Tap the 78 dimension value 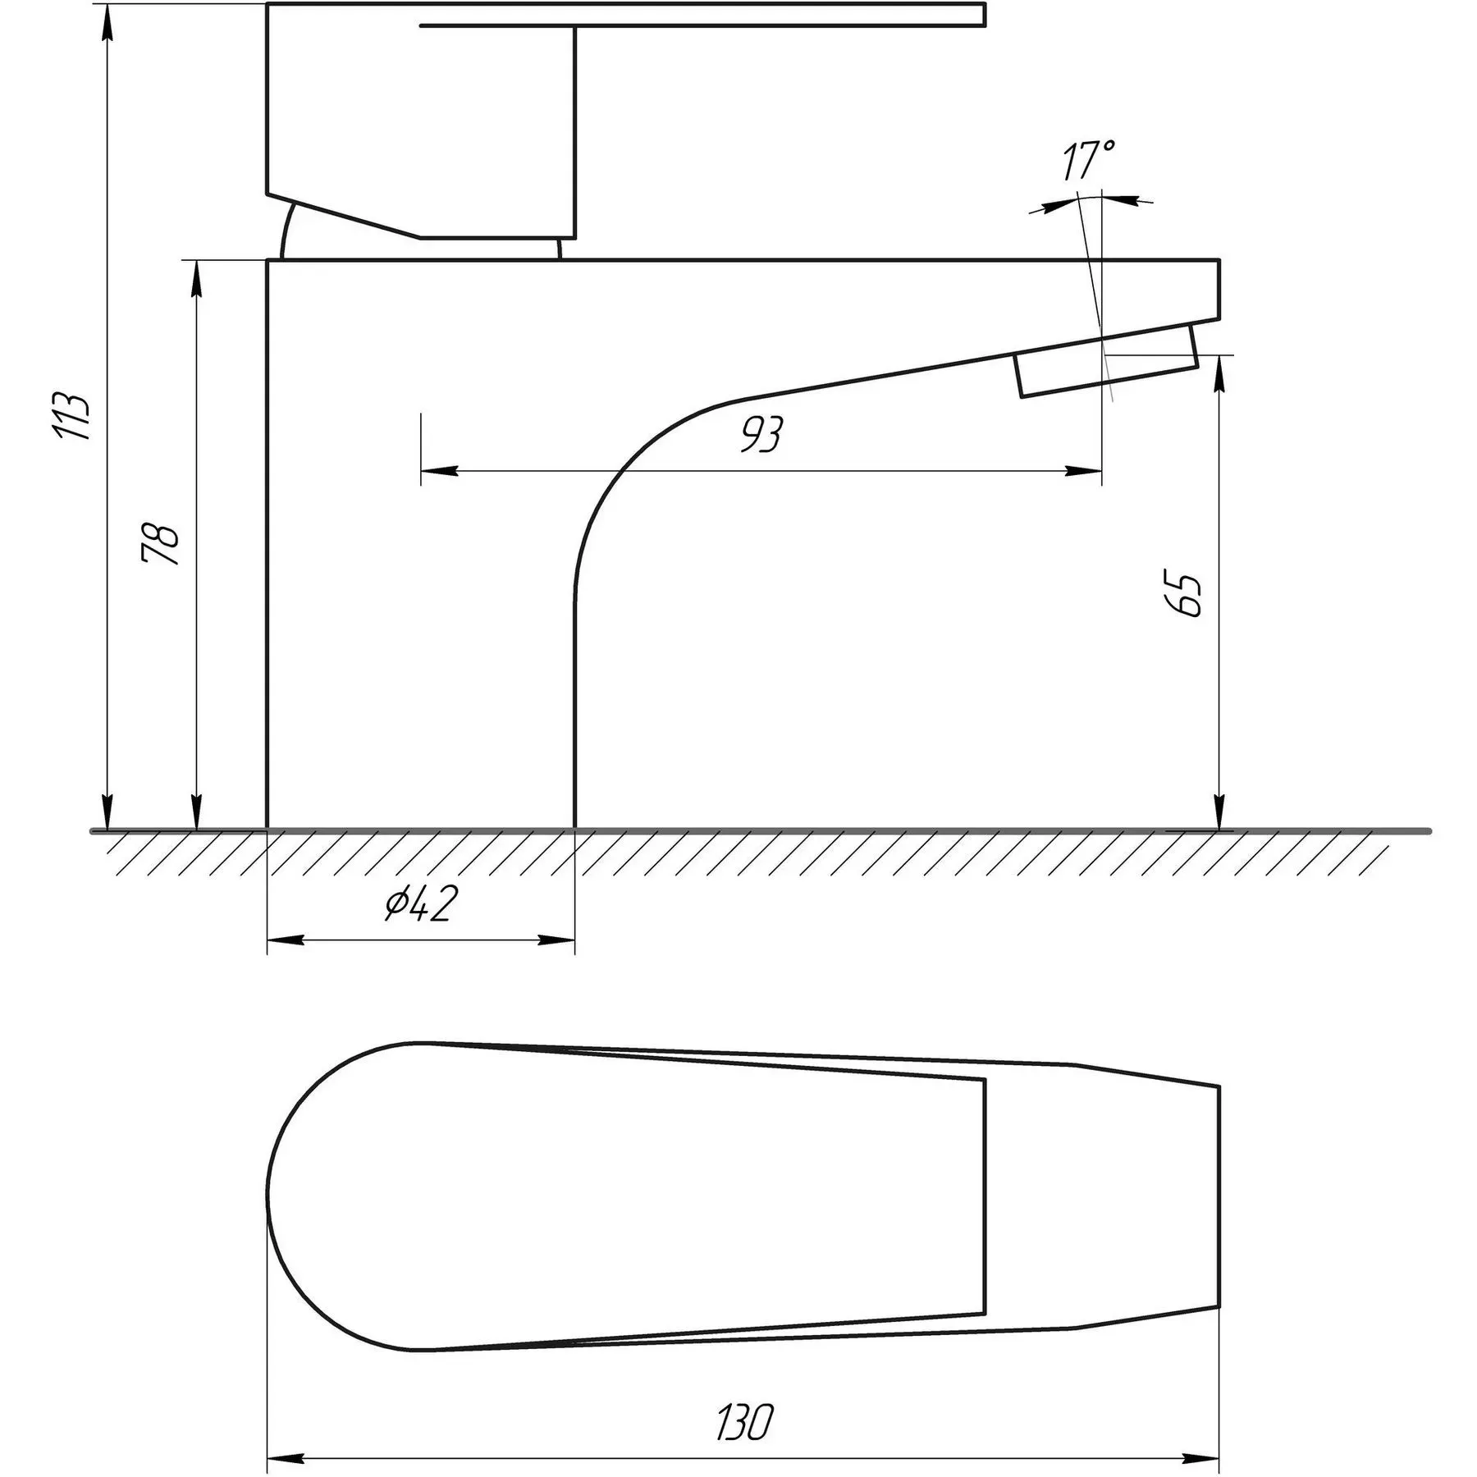[x=161, y=542]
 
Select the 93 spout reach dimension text [x=762, y=434]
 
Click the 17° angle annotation [x=1088, y=161]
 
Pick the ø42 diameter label [x=419, y=903]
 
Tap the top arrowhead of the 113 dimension [x=106, y=25]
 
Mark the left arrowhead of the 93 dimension [x=439, y=471]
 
